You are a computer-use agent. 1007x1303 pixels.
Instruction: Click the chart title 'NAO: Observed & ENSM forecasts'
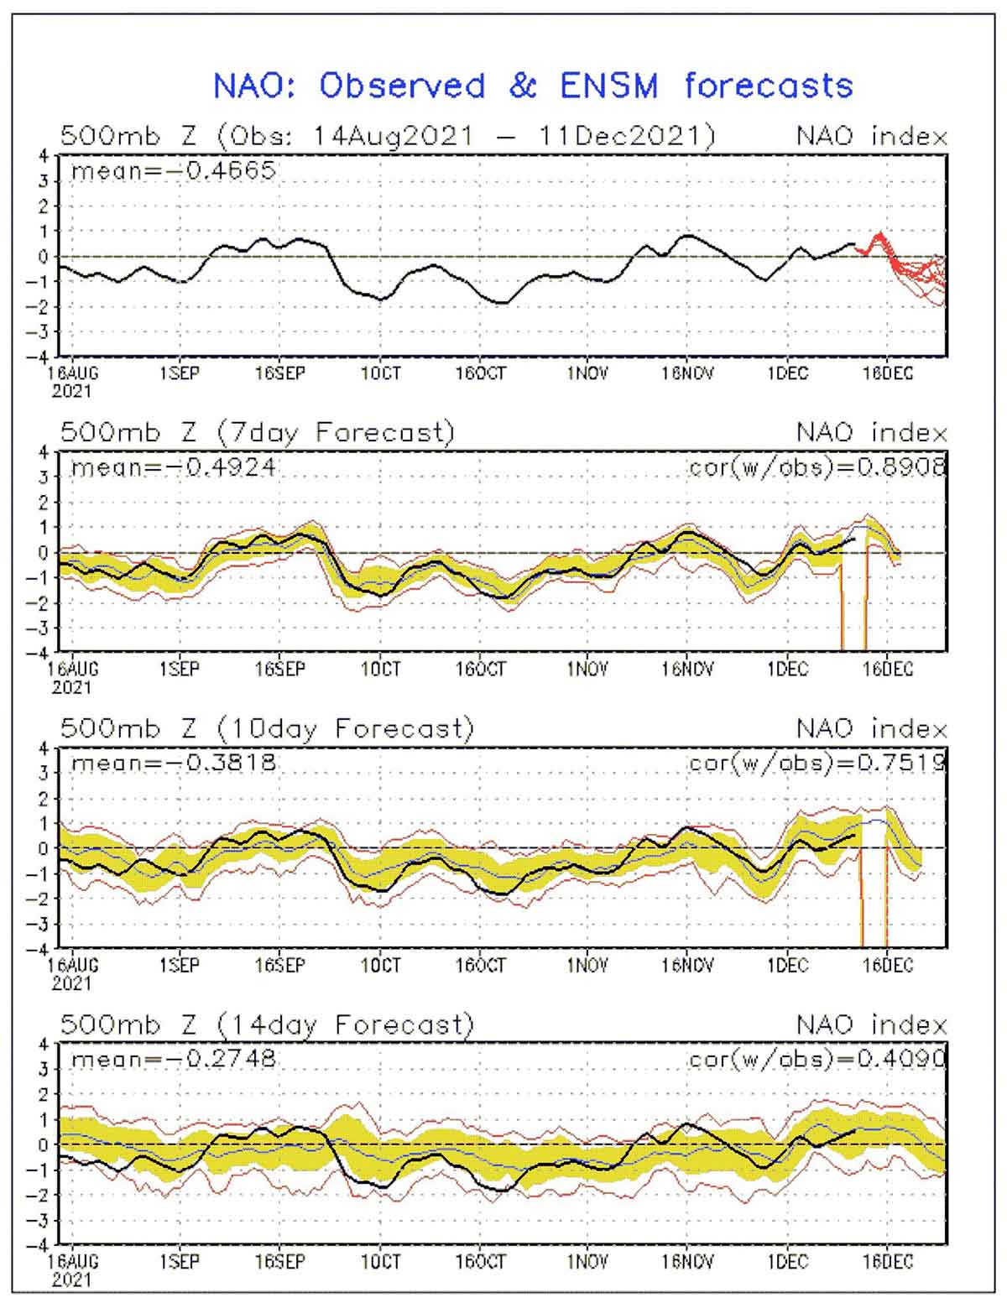(x=532, y=86)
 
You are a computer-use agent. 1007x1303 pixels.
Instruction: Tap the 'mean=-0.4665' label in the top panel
(x=173, y=171)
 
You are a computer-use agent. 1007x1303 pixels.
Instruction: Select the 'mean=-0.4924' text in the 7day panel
(x=173, y=467)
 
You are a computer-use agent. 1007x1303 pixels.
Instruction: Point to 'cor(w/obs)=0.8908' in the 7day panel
(x=817, y=466)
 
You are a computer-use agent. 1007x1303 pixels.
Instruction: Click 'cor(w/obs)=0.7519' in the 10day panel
(x=817, y=763)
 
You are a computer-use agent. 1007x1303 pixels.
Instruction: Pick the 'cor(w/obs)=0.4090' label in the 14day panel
(x=817, y=1059)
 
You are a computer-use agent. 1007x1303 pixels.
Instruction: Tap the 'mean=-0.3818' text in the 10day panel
(x=173, y=763)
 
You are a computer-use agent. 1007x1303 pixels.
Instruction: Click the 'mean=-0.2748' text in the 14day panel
(x=173, y=1059)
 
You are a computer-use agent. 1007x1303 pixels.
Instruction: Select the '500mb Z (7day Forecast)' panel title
(x=257, y=432)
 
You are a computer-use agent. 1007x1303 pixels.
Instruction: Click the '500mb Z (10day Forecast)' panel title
(x=267, y=728)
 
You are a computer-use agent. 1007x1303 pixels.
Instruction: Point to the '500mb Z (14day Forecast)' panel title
(x=267, y=1024)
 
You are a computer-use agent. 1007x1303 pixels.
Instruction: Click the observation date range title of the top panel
(x=388, y=136)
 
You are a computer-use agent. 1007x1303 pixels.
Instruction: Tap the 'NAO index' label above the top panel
(x=871, y=136)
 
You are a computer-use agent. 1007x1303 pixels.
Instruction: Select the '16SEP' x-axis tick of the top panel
(x=279, y=373)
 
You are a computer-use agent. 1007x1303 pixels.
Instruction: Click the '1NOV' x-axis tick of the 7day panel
(x=587, y=670)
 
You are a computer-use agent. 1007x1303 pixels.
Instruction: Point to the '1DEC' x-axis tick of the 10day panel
(x=787, y=966)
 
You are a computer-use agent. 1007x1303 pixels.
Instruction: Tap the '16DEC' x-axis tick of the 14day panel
(x=887, y=1262)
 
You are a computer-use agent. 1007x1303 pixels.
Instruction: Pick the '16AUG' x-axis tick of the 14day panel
(x=74, y=1262)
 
